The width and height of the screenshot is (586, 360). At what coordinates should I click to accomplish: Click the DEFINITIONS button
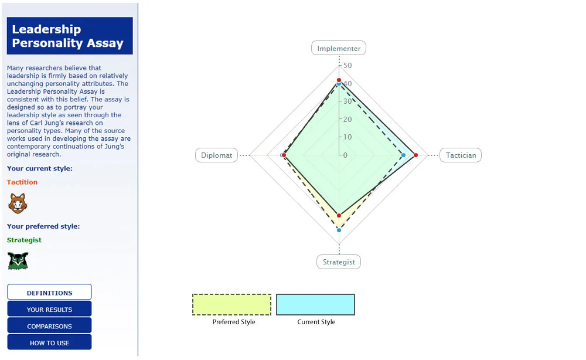(49, 293)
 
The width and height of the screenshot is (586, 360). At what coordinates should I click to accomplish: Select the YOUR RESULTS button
(49, 309)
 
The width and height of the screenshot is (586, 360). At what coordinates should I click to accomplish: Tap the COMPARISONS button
(49, 326)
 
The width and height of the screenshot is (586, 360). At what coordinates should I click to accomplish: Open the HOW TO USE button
(49, 342)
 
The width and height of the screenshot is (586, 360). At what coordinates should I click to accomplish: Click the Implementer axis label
(339, 49)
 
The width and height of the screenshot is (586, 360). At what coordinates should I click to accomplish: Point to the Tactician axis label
(461, 155)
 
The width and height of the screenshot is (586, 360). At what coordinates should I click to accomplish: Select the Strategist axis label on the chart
(339, 262)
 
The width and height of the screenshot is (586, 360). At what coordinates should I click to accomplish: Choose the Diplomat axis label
(216, 155)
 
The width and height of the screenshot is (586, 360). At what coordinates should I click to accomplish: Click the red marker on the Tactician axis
(415, 155)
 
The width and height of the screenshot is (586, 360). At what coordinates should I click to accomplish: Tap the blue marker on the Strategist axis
(339, 230)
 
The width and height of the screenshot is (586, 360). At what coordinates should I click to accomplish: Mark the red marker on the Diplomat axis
(284, 155)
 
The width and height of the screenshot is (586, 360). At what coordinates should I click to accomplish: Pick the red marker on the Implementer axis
(339, 80)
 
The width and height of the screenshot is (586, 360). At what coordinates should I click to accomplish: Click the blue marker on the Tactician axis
(403, 155)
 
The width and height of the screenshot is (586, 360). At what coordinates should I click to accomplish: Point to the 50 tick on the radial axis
(347, 65)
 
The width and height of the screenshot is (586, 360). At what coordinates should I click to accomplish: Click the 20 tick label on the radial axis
(347, 119)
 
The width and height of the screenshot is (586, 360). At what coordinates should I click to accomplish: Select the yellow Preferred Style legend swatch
(231, 304)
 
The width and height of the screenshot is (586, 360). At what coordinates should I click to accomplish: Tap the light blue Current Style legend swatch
(315, 304)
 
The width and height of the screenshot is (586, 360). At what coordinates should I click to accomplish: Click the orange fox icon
(18, 203)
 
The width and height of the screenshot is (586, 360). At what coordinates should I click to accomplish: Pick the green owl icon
(18, 260)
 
